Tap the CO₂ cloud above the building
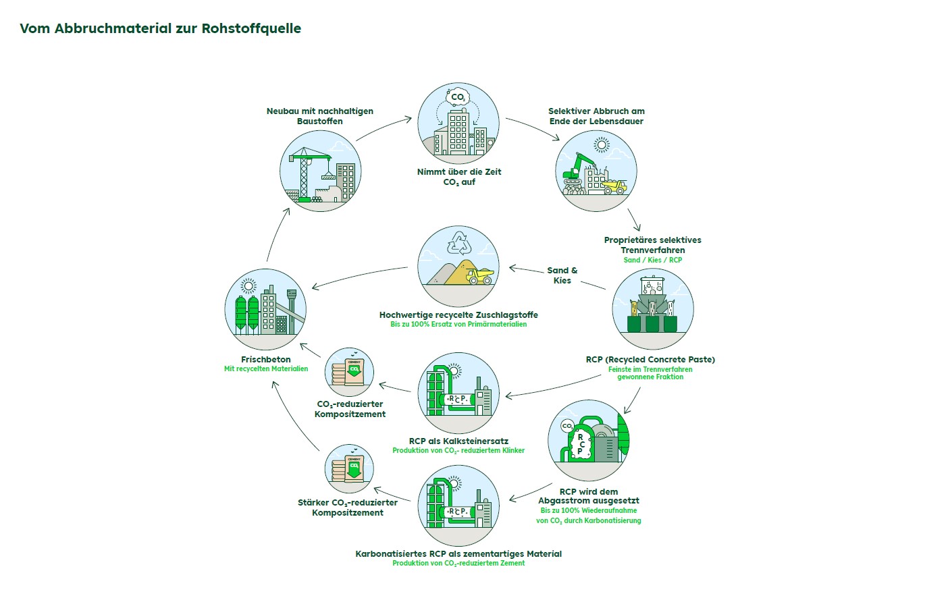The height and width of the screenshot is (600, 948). [x=458, y=97]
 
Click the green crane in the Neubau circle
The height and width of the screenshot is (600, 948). [x=305, y=172]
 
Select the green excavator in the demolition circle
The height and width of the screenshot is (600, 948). [x=577, y=168]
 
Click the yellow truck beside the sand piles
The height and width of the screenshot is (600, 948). [x=480, y=275]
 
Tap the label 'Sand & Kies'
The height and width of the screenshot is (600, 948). [x=562, y=275]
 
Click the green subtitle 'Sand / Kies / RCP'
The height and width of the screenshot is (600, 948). [x=652, y=260]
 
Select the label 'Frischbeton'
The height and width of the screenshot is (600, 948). [x=266, y=359]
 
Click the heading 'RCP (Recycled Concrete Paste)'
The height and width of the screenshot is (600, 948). [x=650, y=359]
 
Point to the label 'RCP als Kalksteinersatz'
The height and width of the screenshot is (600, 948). [x=458, y=441]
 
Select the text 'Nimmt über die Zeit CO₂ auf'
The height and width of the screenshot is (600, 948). [x=459, y=177]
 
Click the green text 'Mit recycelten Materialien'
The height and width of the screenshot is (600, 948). [x=266, y=369]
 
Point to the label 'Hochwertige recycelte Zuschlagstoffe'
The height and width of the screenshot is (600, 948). [x=458, y=315]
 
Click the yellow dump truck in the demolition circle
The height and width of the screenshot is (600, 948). [x=614, y=186]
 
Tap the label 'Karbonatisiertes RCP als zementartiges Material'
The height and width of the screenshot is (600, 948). [x=458, y=553]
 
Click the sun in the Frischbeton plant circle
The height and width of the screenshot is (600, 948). [x=248, y=285]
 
